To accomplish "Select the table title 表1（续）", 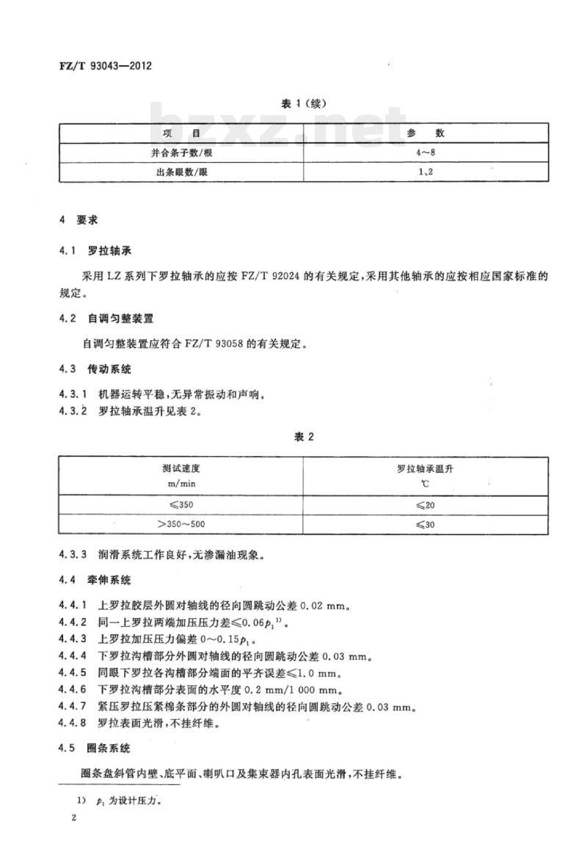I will tap(303, 103).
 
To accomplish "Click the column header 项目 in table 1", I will tap(181, 133).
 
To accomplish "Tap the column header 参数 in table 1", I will tap(426, 133).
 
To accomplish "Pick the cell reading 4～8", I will tap(426, 152).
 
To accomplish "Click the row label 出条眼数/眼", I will tap(181, 172).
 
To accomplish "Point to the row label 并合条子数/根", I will tap(181, 152).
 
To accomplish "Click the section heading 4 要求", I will tap(79, 220).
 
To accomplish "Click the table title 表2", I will tap(303, 437).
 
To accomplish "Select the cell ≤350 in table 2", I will tap(181, 504).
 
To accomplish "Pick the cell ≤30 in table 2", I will tap(426, 523).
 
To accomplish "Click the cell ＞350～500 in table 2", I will tap(181, 523).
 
